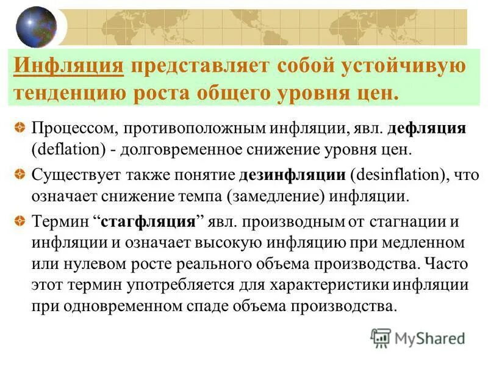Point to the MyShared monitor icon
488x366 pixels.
pyautogui.click(x=381, y=337)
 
